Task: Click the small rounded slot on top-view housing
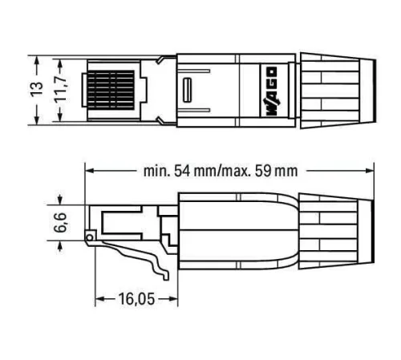(x=189, y=89)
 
